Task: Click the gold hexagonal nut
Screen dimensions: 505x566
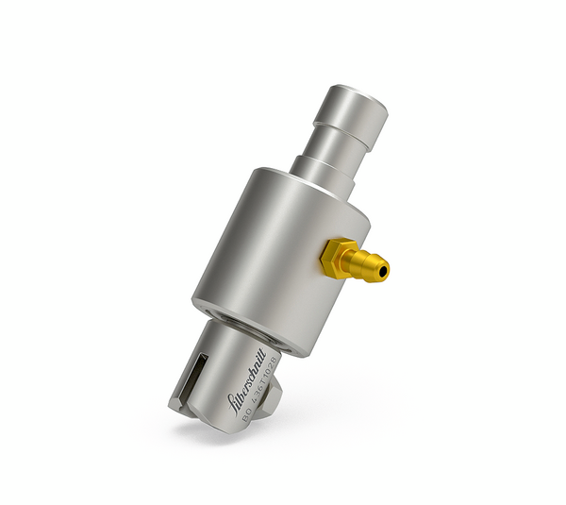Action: click(x=337, y=257)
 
